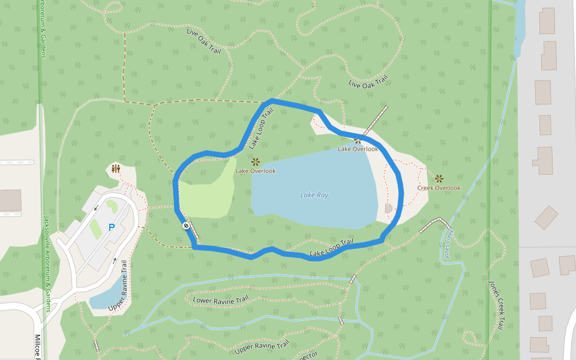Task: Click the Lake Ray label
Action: (x=314, y=195)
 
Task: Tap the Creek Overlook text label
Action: (x=439, y=188)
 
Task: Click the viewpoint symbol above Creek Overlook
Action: (x=439, y=178)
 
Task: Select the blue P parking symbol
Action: (x=111, y=227)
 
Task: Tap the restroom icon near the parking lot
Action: (x=116, y=169)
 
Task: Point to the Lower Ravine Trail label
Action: (x=220, y=299)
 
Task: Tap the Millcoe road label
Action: (x=38, y=346)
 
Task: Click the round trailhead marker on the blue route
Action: (x=186, y=226)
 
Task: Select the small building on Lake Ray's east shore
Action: (x=388, y=208)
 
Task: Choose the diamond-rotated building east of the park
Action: (x=546, y=217)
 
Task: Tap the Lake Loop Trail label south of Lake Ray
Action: (x=331, y=249)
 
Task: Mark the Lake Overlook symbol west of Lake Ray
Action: (x=255, y=161)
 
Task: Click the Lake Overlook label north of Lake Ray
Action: (x=358, y=149)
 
